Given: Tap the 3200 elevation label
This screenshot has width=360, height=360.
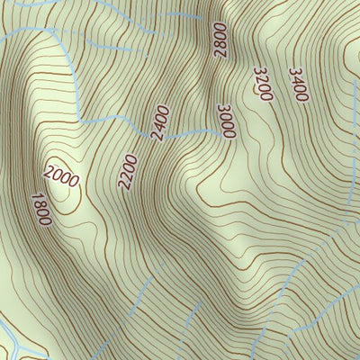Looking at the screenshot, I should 263,83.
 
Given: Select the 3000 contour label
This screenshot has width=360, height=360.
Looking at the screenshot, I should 226,121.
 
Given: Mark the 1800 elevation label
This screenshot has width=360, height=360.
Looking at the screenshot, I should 40,209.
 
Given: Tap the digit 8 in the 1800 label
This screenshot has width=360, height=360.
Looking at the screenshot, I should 39,204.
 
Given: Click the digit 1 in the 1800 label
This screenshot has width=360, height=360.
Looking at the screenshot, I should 34,196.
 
